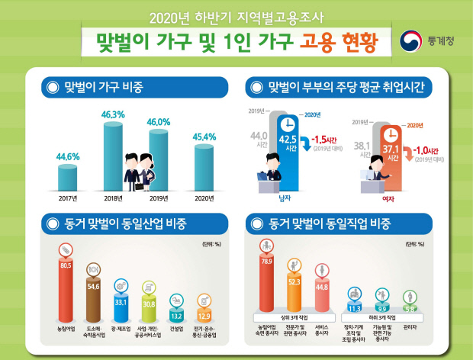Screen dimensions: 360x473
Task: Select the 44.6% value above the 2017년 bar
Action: (67, 157)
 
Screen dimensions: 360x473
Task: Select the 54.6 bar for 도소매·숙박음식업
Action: (95, 297)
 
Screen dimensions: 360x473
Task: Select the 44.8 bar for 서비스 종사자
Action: (323, 295)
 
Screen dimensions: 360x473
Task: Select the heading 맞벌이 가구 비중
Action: (107, 88)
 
